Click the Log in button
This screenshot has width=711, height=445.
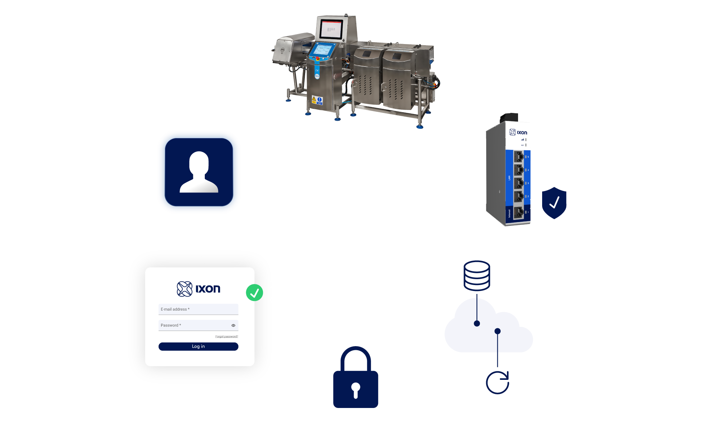198,347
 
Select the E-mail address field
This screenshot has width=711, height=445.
198,309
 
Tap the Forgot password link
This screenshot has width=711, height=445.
226,337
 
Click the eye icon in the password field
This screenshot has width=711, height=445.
233,325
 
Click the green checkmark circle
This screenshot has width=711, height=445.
254,292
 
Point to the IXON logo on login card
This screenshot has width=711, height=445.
198,289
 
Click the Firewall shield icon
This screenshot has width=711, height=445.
554,203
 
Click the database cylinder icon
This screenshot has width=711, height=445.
477,276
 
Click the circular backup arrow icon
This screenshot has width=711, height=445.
498,383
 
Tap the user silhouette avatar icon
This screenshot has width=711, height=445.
199,172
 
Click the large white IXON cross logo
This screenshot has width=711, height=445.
355,221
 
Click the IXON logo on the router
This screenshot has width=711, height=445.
518,132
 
